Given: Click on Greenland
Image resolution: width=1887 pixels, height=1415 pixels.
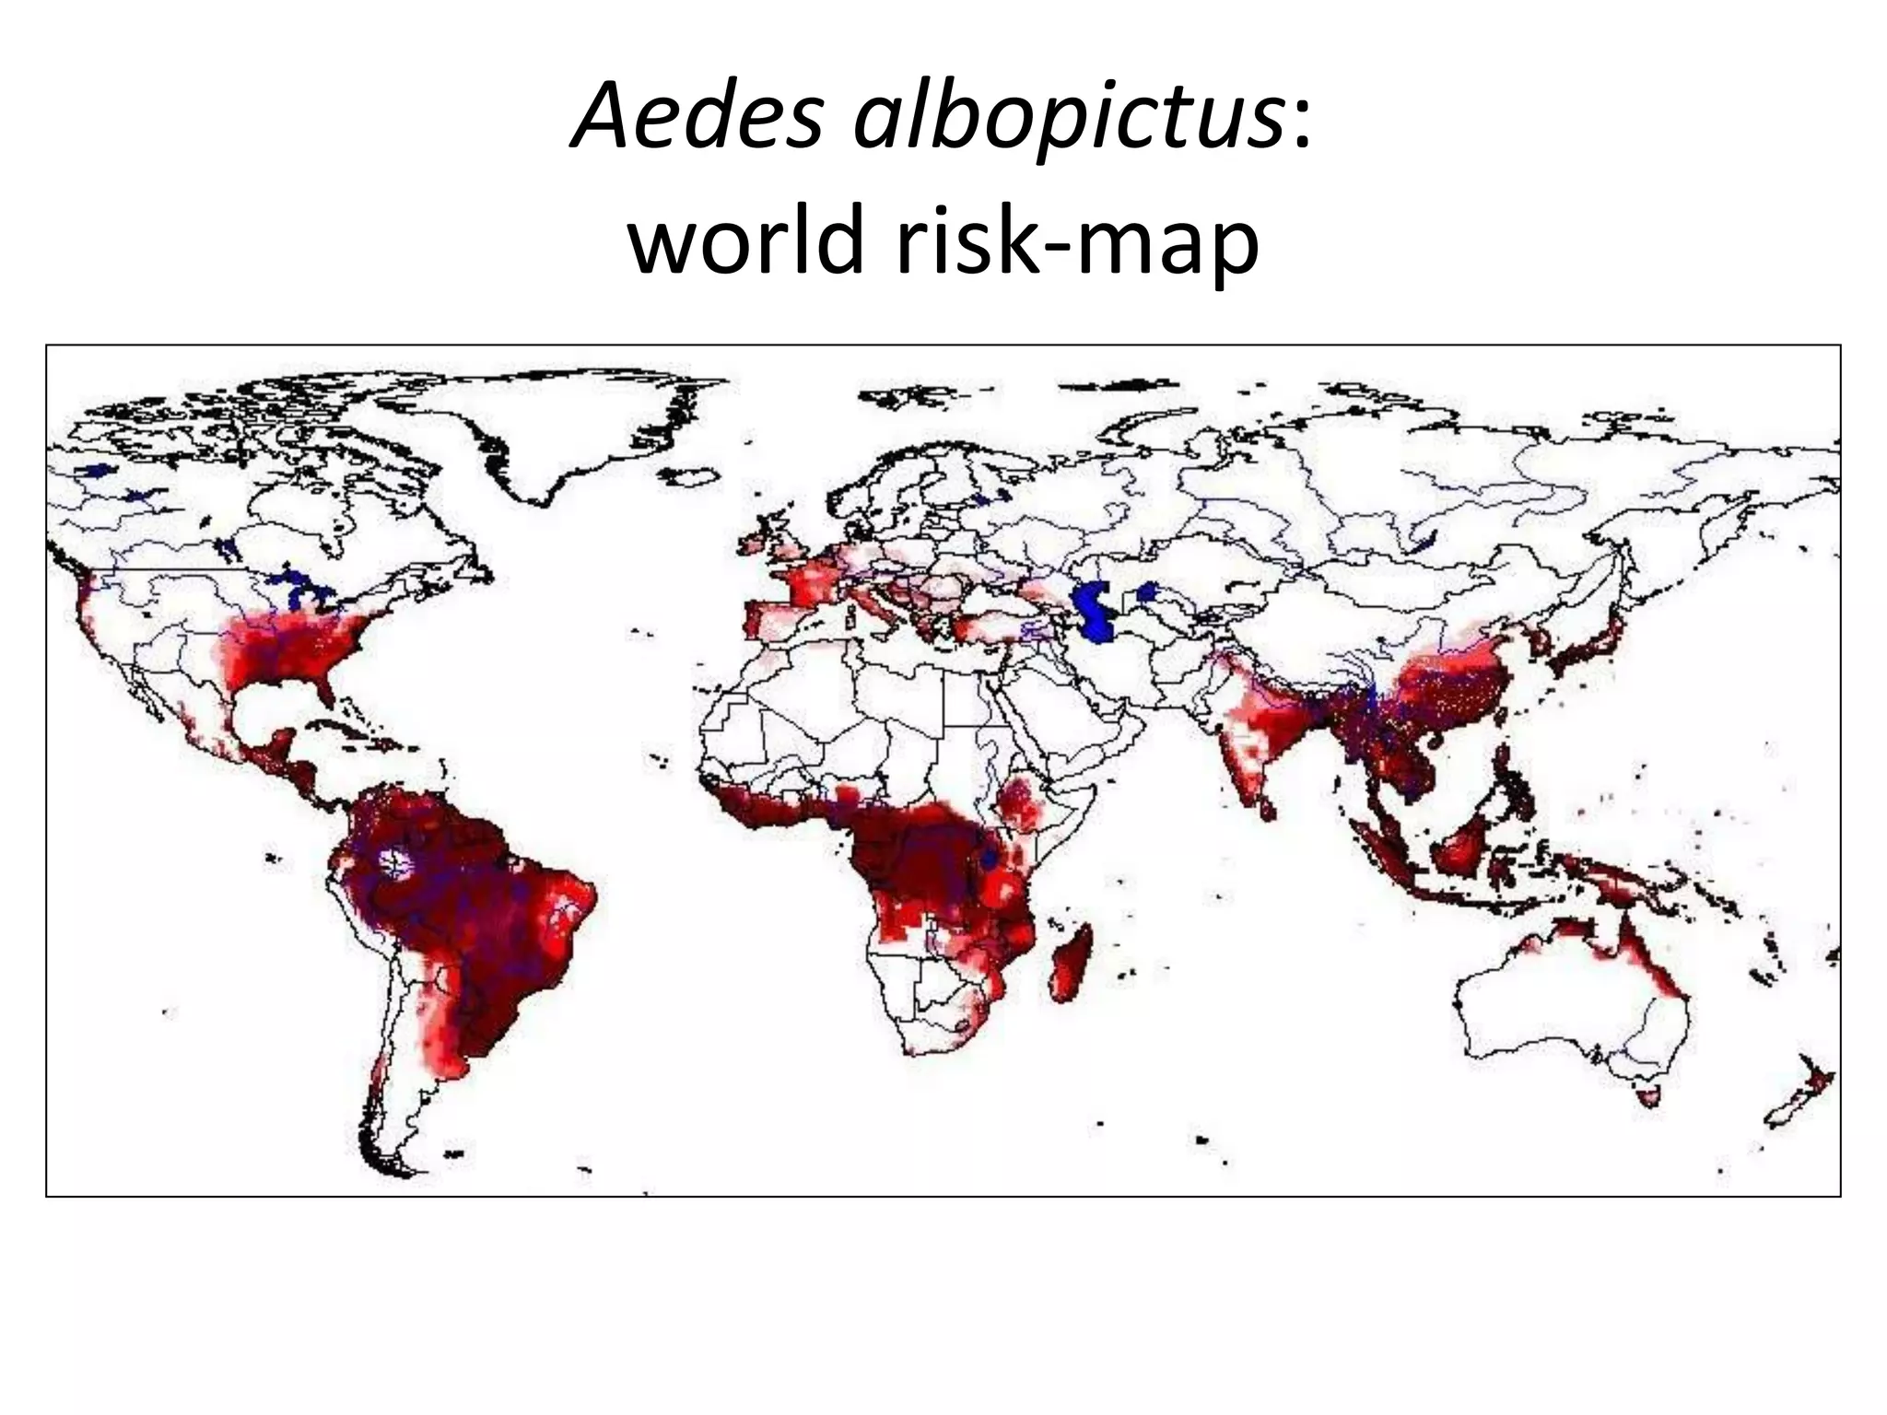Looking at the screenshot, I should [571, 424].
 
